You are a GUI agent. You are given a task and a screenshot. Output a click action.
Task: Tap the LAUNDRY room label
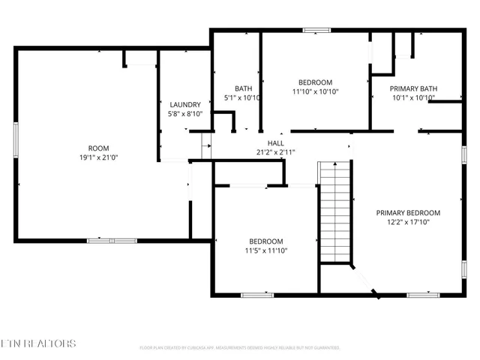(184, 104)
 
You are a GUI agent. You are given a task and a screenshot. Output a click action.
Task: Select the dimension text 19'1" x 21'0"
(99, 158)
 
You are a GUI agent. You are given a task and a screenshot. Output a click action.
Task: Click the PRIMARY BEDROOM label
(408, 213)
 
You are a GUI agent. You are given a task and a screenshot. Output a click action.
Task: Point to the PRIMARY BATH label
(414, 88)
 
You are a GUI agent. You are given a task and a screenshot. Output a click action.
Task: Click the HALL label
(275, 142)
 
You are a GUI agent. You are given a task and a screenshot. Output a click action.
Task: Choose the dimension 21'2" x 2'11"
(275, 152)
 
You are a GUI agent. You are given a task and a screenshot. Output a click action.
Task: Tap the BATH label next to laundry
(243, 88)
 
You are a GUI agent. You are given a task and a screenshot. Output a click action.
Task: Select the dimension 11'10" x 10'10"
(315, 91)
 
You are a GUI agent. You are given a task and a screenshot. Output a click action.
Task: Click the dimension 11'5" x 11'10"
(266, 250)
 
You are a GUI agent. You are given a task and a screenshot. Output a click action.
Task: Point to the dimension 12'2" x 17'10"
(408, 223)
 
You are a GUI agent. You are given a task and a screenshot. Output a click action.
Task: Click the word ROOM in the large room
(99, 148)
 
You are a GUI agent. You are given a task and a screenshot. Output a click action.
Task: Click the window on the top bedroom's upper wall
(316, 31)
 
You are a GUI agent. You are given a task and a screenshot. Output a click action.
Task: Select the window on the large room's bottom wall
(112, 240)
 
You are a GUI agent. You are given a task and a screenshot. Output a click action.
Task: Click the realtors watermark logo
(38, 344)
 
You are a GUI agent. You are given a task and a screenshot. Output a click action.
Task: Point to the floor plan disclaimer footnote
(240, 348)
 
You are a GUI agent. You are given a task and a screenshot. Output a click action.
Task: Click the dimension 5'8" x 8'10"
(184, 114)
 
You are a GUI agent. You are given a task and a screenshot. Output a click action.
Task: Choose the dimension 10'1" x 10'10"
(414, 97)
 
